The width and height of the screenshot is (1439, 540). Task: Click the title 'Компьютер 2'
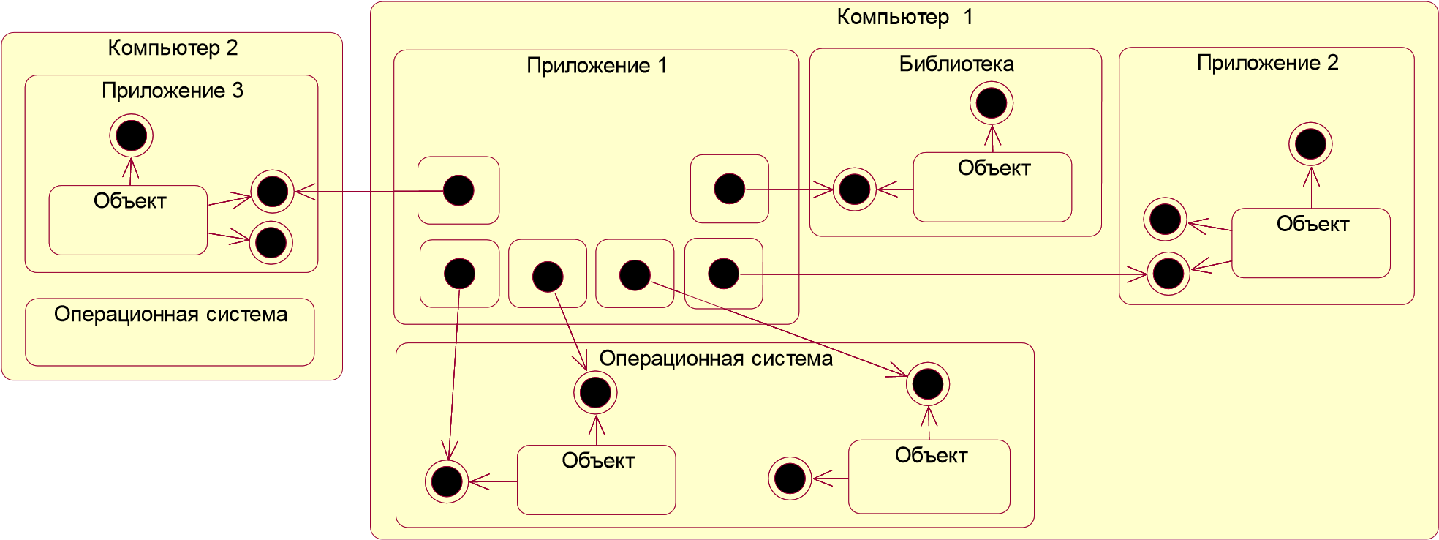pos(173,48)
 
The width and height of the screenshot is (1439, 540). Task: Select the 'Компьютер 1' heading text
pos(904,17)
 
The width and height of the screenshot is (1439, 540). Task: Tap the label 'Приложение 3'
pos(173,91)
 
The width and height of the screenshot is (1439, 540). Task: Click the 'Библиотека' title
pos(956,64)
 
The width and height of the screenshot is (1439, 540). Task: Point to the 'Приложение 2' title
pos(1267,63)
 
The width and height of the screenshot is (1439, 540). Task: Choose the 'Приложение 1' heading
pos(597,66)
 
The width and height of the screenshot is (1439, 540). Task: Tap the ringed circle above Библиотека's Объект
pos(992,103)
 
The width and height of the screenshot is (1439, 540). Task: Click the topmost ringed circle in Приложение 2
pos(1310,143)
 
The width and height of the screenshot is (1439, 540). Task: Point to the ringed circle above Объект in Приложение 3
pos(132,135)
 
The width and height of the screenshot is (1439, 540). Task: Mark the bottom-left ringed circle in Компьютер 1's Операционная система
pos(447,481)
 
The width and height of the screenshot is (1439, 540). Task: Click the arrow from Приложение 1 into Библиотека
pos(790,190)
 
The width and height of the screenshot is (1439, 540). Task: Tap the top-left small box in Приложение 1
pos(458,190)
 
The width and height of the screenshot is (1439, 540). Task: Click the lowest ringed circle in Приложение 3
pos(271,243)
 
